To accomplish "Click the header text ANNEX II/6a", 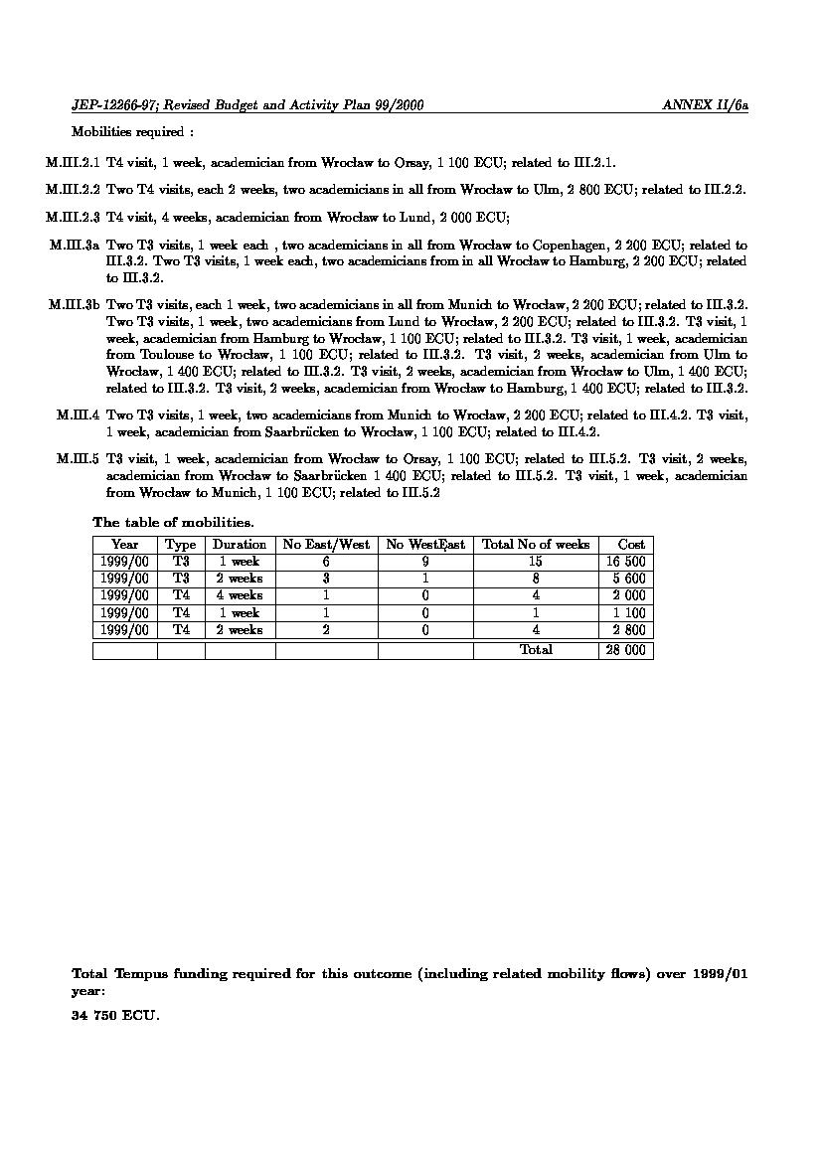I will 705,105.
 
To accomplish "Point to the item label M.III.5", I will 79,459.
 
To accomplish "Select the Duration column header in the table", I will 240,545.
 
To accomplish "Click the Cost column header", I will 631,545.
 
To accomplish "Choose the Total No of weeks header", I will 536,545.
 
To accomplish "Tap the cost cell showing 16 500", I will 626,562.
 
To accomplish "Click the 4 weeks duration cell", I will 240,595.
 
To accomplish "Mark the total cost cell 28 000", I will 626,650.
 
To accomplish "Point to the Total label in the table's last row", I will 536,650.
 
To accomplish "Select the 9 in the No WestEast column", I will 425,562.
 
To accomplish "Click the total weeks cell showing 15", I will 536,562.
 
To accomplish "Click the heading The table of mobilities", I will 173,522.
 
